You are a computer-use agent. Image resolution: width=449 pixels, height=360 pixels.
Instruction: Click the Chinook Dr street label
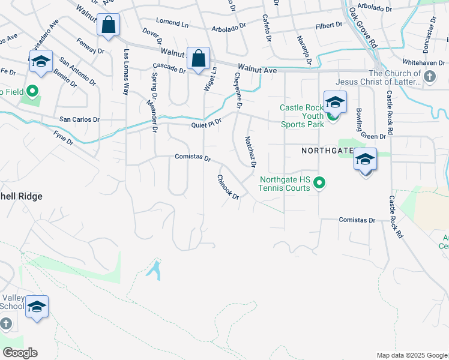228,187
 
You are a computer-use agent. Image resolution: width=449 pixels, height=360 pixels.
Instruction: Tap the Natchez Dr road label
250,151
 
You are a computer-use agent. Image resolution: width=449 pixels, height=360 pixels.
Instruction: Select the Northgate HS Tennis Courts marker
320,182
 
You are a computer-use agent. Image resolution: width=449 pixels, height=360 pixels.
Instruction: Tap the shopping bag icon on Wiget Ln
199,59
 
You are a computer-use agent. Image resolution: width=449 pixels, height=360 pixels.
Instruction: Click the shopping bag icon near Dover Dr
108,26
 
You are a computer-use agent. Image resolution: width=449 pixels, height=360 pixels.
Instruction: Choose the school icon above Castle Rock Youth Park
335,102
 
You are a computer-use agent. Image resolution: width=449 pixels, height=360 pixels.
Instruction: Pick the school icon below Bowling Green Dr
365,160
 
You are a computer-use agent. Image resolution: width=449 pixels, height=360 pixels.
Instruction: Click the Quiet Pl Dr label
206,123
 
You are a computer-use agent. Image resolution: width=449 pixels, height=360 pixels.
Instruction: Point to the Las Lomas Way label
126,72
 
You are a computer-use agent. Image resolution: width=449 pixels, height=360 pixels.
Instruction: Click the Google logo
20,353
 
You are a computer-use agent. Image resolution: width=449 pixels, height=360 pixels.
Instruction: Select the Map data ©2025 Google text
411,355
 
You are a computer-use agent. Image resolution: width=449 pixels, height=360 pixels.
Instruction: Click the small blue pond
154,269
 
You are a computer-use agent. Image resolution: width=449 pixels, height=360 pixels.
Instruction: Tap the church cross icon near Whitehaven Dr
429,77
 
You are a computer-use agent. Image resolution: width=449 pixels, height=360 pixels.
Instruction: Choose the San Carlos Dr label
79,119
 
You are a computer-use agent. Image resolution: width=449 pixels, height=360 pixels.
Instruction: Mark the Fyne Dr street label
62,137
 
